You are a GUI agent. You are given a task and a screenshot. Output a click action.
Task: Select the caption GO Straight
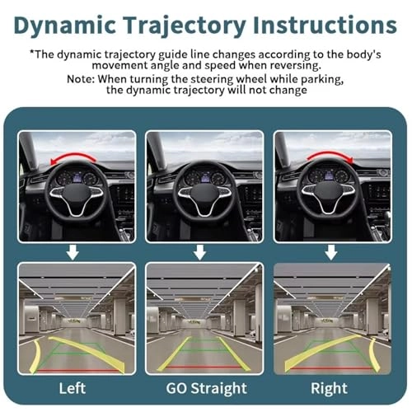[x=205, y=387]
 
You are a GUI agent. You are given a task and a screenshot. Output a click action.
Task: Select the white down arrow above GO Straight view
[x=205, y=252]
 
